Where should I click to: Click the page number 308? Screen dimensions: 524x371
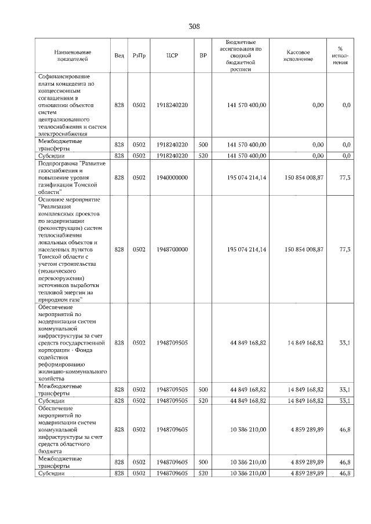[x=194, y=26]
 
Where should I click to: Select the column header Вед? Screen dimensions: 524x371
[x=119, y=56]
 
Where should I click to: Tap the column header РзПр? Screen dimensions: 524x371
[x=139, y=56]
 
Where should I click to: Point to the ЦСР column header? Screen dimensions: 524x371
[x=172, y=56]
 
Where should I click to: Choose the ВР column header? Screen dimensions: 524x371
[x=203, y=56]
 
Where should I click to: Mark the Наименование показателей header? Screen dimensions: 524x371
[x=72, y=56]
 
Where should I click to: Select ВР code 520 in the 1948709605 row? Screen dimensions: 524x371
[x=203, y=473]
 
